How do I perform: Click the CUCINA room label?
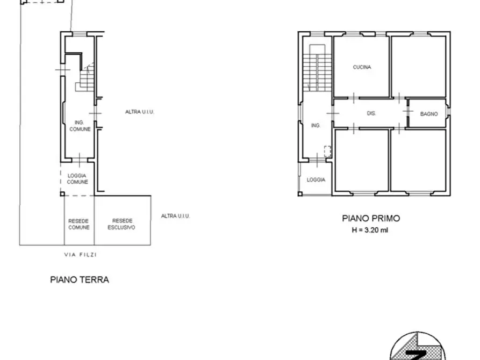pyautogui.click(x=362, y=67)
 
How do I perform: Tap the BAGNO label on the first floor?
pyautogui.click(x=429, y=114)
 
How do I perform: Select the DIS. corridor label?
pyautogui.click(x=371, y=113)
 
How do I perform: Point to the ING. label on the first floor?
pyautogui.click(x=316, y=125)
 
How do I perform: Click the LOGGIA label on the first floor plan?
pyautogui.click(x=316, y=179)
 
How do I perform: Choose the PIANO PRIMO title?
pyautogui.click(x=371, y=218)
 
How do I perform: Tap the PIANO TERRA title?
pyautogui.click(x=80, y=279)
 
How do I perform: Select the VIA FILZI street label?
pyautogui.click(x=80, y=255)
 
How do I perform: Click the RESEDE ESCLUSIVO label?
pyautogui.click(x=123, y=224)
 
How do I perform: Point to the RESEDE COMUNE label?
pyautogui.click(x=78, y=224)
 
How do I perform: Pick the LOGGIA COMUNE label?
pyautogui.click(x=77, y=178)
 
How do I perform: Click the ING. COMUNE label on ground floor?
pyautogui.click(x=80, y=126)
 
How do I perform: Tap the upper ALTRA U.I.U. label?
pyautogui.click(x=140, y=112)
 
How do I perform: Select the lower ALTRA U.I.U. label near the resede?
pyautogui.click(x=176, y=216)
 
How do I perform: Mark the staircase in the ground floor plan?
pyautogui.click(x=87, y=78)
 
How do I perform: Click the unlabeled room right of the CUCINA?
pyautogui.click(x=418, y=66)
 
